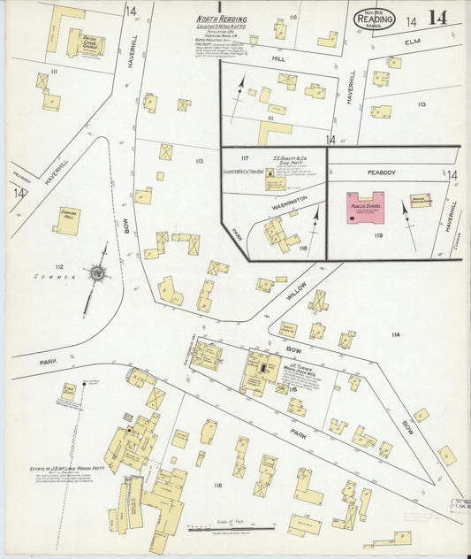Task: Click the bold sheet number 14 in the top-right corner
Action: coord(437,19)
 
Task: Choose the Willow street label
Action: coord(296,294)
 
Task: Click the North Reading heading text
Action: coord(222,19)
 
